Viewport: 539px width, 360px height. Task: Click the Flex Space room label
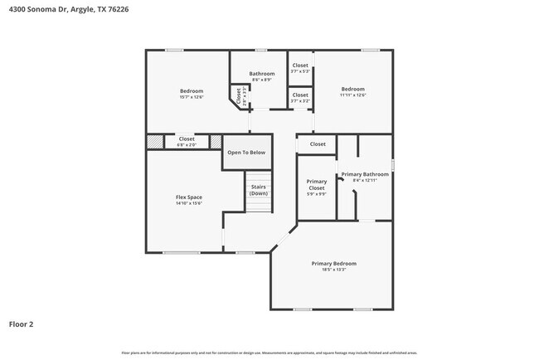pyautogui.click(x=188, y=197)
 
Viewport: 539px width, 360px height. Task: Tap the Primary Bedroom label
pyautogui.click(x=334, y=263)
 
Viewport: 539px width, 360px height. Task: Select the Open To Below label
pyautogui.click(x=246, y=153)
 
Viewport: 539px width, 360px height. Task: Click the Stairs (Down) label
pyautogui.click(x=258, y=190)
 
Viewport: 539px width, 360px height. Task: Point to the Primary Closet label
pyautogui.click(x=317, y=184)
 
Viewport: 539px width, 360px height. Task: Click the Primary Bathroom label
pyautogui.click(x=365, y=174)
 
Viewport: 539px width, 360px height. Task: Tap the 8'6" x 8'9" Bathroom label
pyautogui.click(x=262, y=74)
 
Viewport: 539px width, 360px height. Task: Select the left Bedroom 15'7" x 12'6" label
pyautogui.click(x=191, y=90)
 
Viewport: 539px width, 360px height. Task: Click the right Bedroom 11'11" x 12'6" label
pyautogui.click(x=352, y=89)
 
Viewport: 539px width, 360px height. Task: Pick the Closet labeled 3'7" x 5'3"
pyautogui.click(x=300, y=66)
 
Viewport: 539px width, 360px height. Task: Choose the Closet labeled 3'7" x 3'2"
pyautogui.click(x=300, y=95)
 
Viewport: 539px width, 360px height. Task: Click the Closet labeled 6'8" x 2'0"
pyautogui.click(x=187, y=139)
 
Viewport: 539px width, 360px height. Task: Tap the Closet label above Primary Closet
pyautogui.click(x=318, y=144)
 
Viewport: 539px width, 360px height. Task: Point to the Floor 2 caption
pyautogui.click(x=22, y=324)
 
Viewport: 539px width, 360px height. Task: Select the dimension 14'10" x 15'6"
pyautogui.click(x=188, y=203)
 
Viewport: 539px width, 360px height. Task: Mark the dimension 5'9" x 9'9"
pyautogui.click(x=317, y=194)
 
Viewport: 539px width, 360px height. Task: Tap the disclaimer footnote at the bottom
pyautogui.click(x=269, y=353)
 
